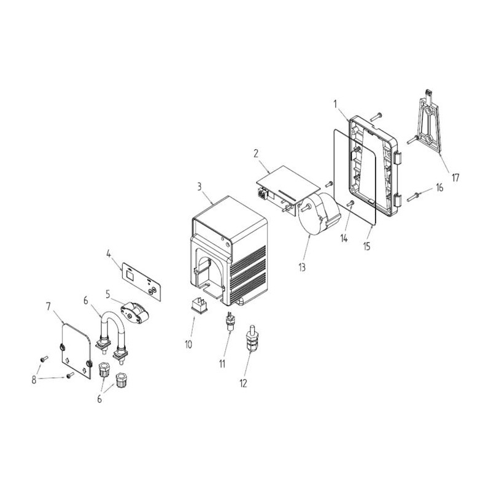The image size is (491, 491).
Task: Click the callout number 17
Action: (x=455, y=178)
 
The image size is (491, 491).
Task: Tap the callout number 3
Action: (x=199, y=187)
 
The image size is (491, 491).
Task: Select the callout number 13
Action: (x=302, y=267)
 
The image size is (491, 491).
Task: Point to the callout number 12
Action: (x=243, y=383)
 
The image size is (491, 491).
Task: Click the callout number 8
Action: (x=34, y=380)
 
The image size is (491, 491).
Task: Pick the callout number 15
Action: (x=366, y=247)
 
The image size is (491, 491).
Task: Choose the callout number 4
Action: (x=109, y=253)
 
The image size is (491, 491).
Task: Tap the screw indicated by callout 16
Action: (x=412, y=197)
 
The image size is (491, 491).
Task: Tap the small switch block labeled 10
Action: (x=199, y=305)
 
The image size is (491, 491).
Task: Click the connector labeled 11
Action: (x=231, y=321)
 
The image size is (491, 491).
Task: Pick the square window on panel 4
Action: (x=130, y=275)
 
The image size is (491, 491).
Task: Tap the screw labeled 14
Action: (x=351, y=204)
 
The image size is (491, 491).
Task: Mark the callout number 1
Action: (x=335, y=104)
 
